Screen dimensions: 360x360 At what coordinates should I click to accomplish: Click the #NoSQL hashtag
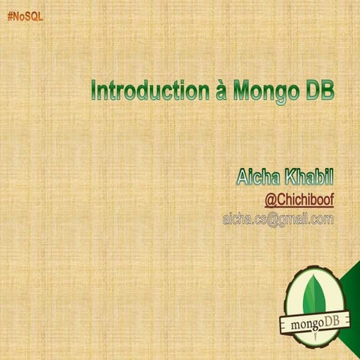25,16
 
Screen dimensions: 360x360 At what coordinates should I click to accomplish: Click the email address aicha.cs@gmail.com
277,219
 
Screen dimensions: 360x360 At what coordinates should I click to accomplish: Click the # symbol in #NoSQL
10,16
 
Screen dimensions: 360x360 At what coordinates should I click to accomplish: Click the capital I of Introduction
94,91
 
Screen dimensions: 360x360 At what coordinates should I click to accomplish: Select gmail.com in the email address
304,219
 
